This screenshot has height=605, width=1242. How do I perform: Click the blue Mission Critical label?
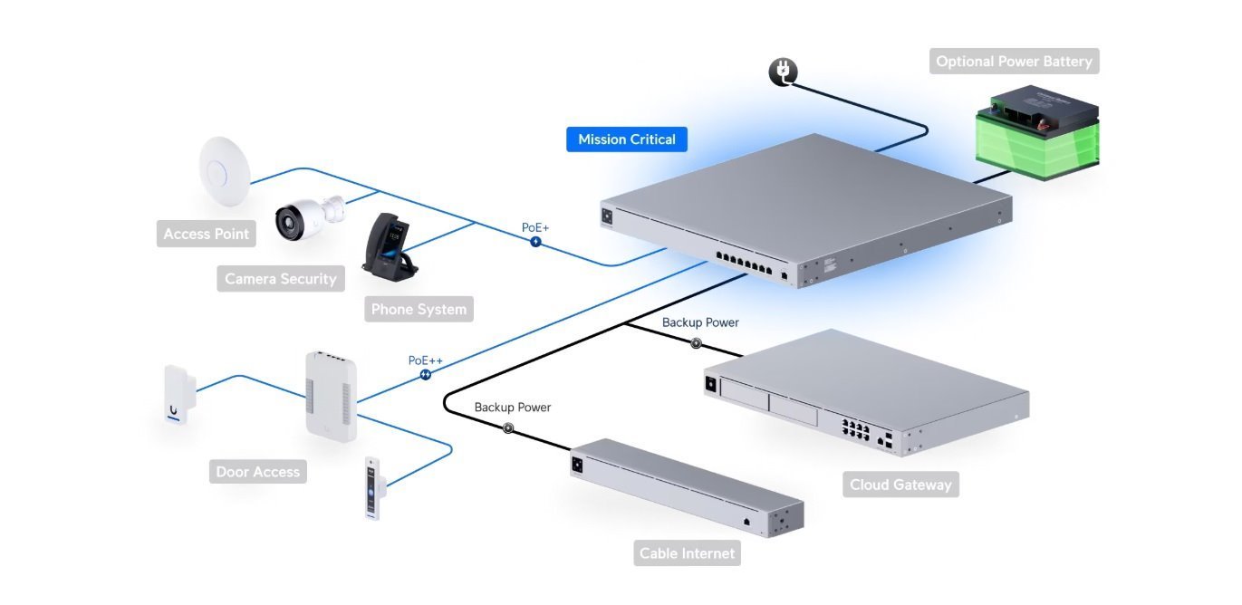pos(627,139)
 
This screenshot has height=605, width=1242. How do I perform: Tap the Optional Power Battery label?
pos(1014,62)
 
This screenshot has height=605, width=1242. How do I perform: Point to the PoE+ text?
pos(535,227)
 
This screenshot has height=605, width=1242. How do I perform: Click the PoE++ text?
pos(425,360)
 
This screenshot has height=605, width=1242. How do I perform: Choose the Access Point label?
pos(206,234)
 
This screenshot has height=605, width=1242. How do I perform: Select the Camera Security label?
pos(280,279)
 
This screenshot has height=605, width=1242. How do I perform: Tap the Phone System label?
pos(419,309)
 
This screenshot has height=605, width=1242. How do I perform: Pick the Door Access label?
pos(258,472)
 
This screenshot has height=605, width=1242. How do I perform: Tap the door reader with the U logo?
pos(175,396)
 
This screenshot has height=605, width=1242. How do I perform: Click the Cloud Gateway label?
pos(900,485)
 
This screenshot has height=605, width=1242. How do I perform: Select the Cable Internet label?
pos(687,553)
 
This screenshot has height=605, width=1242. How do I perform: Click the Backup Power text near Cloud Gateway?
pos(700,322)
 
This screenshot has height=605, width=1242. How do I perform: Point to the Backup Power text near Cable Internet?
pos(513,408)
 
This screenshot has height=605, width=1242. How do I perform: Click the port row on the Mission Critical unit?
pos(745,264)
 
